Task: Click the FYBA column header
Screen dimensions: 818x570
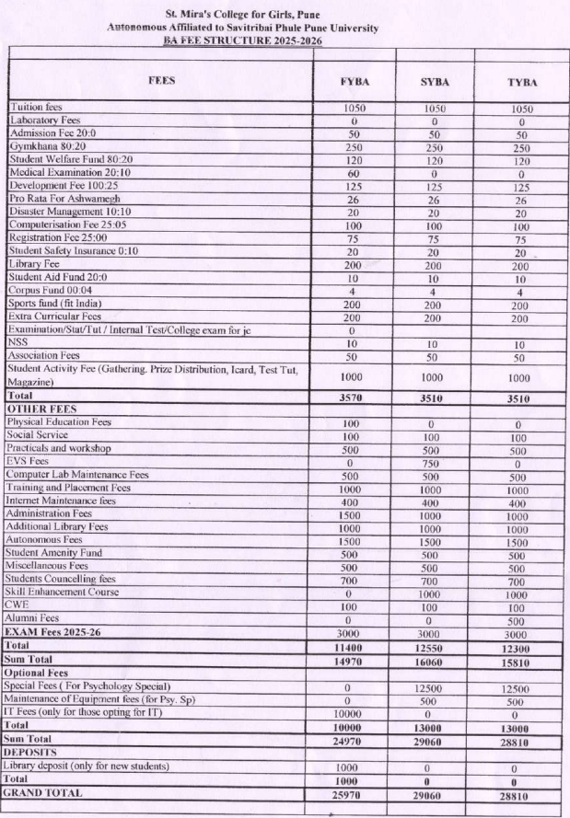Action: (355, 82)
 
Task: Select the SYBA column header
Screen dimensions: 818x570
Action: (436, 82)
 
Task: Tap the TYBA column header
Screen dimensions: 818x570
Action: (521, 82)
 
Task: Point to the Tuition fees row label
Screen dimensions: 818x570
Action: (35, 108)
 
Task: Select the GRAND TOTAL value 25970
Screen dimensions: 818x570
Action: (355, 792)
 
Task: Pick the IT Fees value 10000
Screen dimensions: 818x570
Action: (355, 713)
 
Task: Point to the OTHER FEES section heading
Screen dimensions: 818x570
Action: (41, 408)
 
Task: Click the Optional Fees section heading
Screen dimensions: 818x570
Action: (41, 674)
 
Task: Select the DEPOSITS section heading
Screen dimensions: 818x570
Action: (34, 753)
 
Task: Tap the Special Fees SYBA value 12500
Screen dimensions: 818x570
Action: (436, 687)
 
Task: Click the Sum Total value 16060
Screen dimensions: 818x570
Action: (436, 661)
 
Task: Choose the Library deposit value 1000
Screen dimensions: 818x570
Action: (355, 766)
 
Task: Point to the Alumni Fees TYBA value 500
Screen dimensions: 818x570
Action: (521, 620)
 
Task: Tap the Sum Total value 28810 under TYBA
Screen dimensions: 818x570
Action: (521, 740)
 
